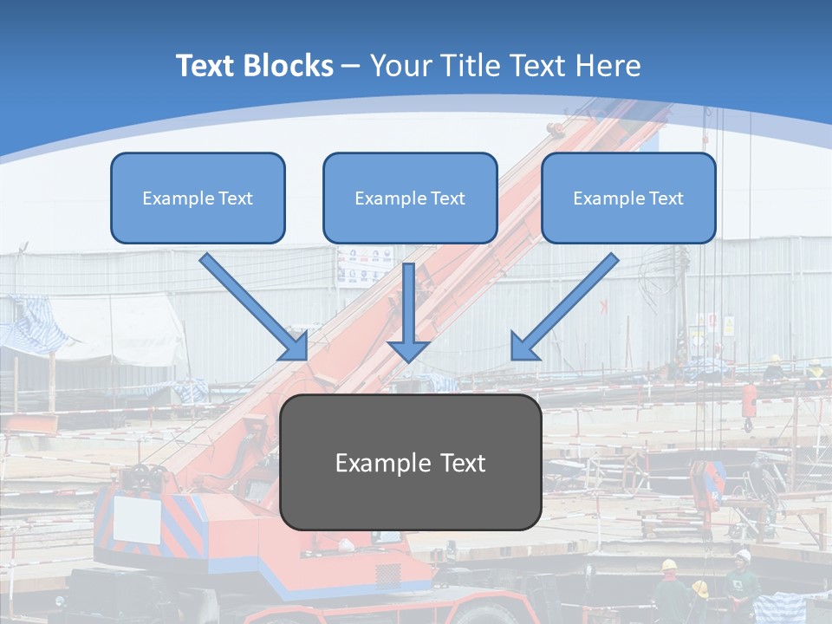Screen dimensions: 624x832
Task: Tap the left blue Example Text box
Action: (x=198, y=198)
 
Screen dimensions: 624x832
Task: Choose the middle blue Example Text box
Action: (x=410, y=198)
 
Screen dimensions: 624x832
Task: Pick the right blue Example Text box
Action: (x=628, y=198)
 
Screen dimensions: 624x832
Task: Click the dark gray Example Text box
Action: (x=410, y=463)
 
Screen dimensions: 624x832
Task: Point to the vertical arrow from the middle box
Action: (x=408, y=303)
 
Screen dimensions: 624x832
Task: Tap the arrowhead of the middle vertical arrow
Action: (x=408, y=351)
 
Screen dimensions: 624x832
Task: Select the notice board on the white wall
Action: (x=364, y=265)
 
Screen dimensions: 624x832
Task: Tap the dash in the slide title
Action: (x=351, y=66)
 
